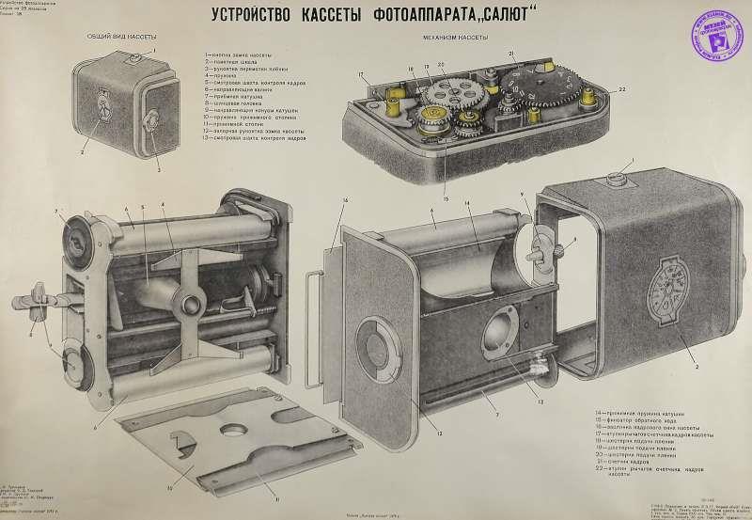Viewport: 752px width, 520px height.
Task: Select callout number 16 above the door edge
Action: click(346, 200)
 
